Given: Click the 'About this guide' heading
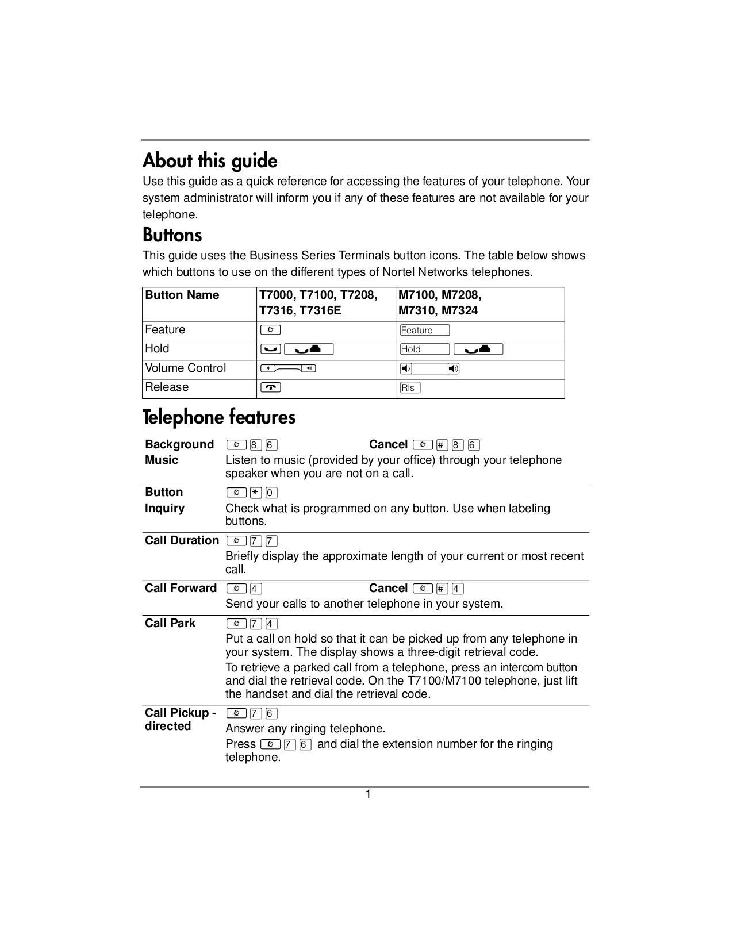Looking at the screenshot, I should tap(210, 160).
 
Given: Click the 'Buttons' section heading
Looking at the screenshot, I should tap(172, 235).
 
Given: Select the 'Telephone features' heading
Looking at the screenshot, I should tap(218, 417).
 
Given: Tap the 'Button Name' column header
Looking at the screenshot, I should tap(182, 295).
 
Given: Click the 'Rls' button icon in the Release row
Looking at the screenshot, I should tap(410, 387).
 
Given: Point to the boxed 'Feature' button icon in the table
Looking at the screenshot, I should tap(424, 330).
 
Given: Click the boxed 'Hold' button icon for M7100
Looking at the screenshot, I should tap(424, 349).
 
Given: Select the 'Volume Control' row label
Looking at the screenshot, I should tap(185, 368).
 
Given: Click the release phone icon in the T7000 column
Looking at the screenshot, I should tap(270, 387).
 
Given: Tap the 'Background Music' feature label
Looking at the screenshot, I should tap(179, 452).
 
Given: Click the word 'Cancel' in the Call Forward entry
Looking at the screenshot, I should tap(388, 588).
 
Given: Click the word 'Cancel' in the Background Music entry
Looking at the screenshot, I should tap(388, 444).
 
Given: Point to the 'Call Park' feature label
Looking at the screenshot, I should tap(170, 623).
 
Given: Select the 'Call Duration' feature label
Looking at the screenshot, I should tap(182, 540).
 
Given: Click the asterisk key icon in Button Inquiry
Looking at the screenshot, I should tap(256, 493).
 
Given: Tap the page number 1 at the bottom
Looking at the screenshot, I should tap(368, 794).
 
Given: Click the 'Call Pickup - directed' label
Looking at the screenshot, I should tap(180, 719).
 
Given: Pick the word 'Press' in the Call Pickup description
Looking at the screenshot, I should tap(240, 744).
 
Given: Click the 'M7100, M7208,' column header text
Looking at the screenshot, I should tap(440, 295).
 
